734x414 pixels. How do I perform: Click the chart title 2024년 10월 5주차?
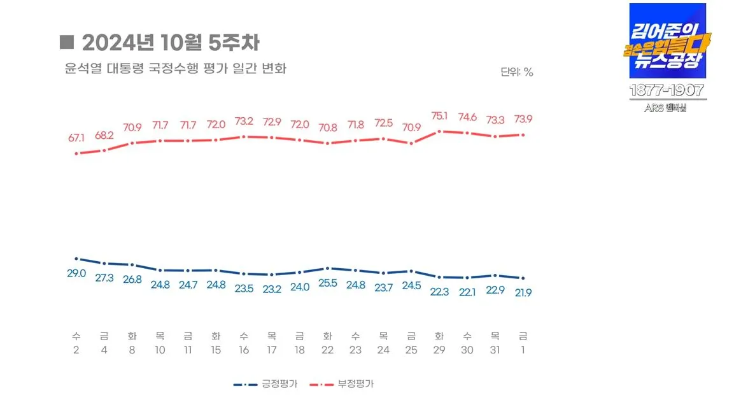pyautogui.click(x=170, y=43)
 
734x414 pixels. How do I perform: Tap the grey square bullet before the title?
pyautogui.click(x=67, y=42)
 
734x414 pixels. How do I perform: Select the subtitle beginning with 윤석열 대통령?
pyautogui.click(x=175, y=68)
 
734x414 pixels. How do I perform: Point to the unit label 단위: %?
pyautogui.click(x=516, y=72)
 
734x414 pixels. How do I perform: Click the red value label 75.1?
pyautogui.click(x=439, y=116)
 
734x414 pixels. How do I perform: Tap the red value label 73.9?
pyautogui.click(x=523, y=120)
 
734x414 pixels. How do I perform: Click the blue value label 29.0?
pyautogui.click(x=76, y=273)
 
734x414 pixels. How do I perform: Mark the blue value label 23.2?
pyautogui.click(x=272, y=289)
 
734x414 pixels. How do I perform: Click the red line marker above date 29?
pyautogui.click(x=439, y=131)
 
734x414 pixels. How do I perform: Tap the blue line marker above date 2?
pyautogui.click(x=76, y=259)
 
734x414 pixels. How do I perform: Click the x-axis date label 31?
pyautogui.click(x=495, y=350)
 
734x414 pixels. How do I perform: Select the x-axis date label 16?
pyautogui.click(x=244, y=350)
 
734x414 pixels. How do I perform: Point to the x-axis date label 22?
pyautogui.click(x=327, y=350)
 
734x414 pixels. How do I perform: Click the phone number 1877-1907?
pyautogui.click(x=667, y=90)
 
